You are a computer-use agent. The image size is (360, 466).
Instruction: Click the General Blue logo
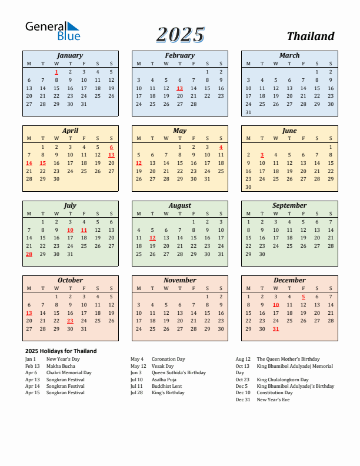[x=52, y=31]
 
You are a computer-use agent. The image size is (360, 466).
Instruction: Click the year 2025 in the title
[x=180, y=35]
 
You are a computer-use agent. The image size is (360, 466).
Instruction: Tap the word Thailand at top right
[x=311, y=36]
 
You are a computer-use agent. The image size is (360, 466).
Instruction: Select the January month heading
[x=70, y=55]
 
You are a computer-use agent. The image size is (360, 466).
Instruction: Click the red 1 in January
[x=56, y=72]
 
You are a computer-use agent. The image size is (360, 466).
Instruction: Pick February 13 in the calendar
[x=179, y=88]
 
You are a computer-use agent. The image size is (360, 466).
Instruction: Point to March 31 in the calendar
[x=248, y=112]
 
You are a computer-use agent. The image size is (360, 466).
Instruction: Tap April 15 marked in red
[x=42, y=163]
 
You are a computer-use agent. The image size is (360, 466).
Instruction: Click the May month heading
[x=179, y=131]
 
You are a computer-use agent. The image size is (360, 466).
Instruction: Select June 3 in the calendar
[x=262, y=155]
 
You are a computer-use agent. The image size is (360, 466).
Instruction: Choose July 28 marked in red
[x=29, y=254]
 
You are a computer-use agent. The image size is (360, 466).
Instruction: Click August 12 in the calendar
[x=152, y=238]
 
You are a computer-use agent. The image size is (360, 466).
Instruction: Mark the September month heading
[x=289, y=205]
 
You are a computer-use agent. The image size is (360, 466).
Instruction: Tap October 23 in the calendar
[x=70, y=321]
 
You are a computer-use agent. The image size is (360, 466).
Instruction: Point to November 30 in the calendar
[x=221, y=329]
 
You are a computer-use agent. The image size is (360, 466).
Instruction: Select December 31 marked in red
[x=275, y=329]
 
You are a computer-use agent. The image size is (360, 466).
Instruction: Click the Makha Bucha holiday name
[x=60, y=366]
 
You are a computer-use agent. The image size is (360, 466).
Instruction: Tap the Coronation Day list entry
[x=168, y=359]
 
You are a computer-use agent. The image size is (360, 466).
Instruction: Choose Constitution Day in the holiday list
[x=275, y=392]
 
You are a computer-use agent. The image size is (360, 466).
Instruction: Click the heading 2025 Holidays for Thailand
[x=61, y=351]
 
